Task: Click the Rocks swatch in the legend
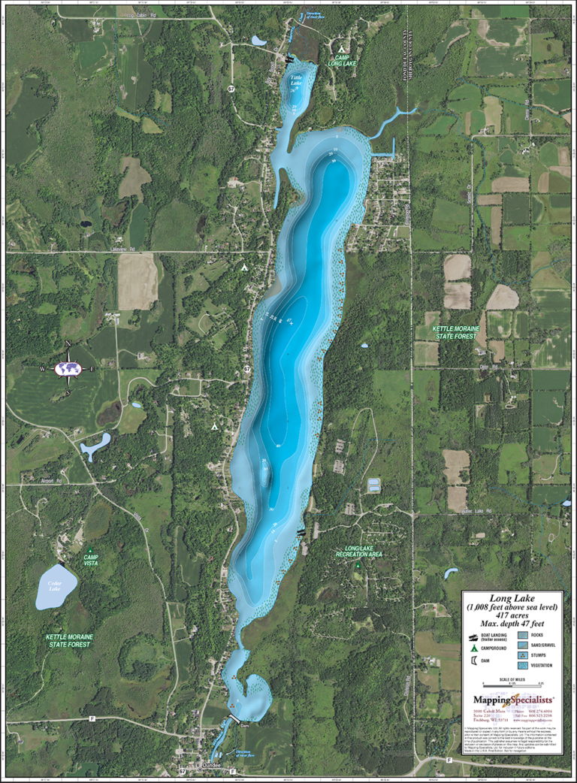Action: (x=524, y=634)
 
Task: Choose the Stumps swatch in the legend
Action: (x=524, y=655)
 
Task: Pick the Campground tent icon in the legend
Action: (x=473, y=648)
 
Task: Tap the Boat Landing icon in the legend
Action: (x=473, y=635)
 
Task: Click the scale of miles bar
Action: (x=512, y=686)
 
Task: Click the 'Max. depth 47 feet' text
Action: (x=512, y=623)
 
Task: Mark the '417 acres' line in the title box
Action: (x=512, y=615)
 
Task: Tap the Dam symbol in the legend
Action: (x=473, y=661)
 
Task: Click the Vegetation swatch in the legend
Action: (x=524, y=666)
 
